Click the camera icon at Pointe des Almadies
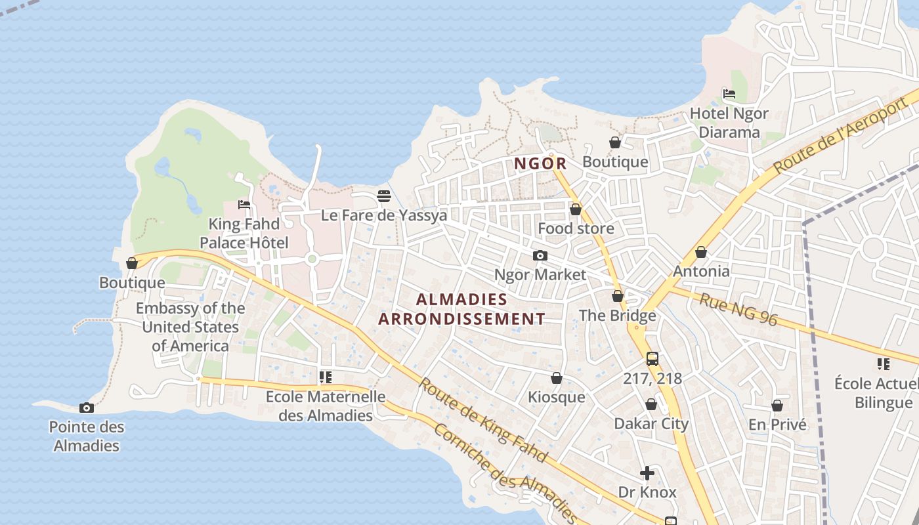click(86, 408)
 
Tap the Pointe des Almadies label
click(87, 436)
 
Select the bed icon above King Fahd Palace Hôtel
click(244, 205)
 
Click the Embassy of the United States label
click(190, 327)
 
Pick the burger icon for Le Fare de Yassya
click(384, 196)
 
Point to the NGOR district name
click(540, 163)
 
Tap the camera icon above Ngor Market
click(540, 255)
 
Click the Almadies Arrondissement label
click(462, 309)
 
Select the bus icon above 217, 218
click(652, 359)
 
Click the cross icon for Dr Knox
click(647, 473)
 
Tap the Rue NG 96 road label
click(738, 310)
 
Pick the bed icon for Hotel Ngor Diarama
click(729, 94)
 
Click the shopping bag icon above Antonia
click(701, 252)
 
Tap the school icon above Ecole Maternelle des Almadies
click(325, 377)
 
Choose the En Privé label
click(777, 425)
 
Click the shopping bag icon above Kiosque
click(556, 378)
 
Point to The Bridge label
click(617, 316)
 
